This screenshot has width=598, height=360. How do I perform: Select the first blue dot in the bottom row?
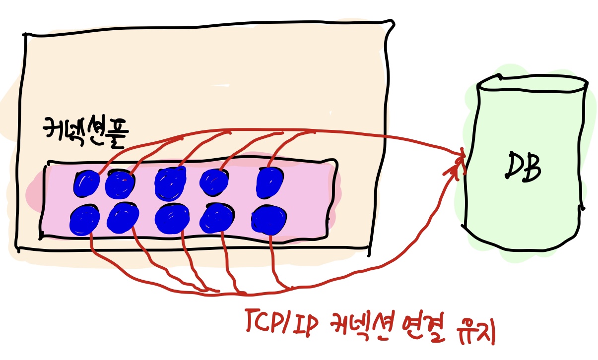point(84,221)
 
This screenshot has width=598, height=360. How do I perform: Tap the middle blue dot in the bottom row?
point(171,219)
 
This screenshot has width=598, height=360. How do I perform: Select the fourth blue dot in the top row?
point(214,181)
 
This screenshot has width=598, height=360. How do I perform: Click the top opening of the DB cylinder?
point(532,83)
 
